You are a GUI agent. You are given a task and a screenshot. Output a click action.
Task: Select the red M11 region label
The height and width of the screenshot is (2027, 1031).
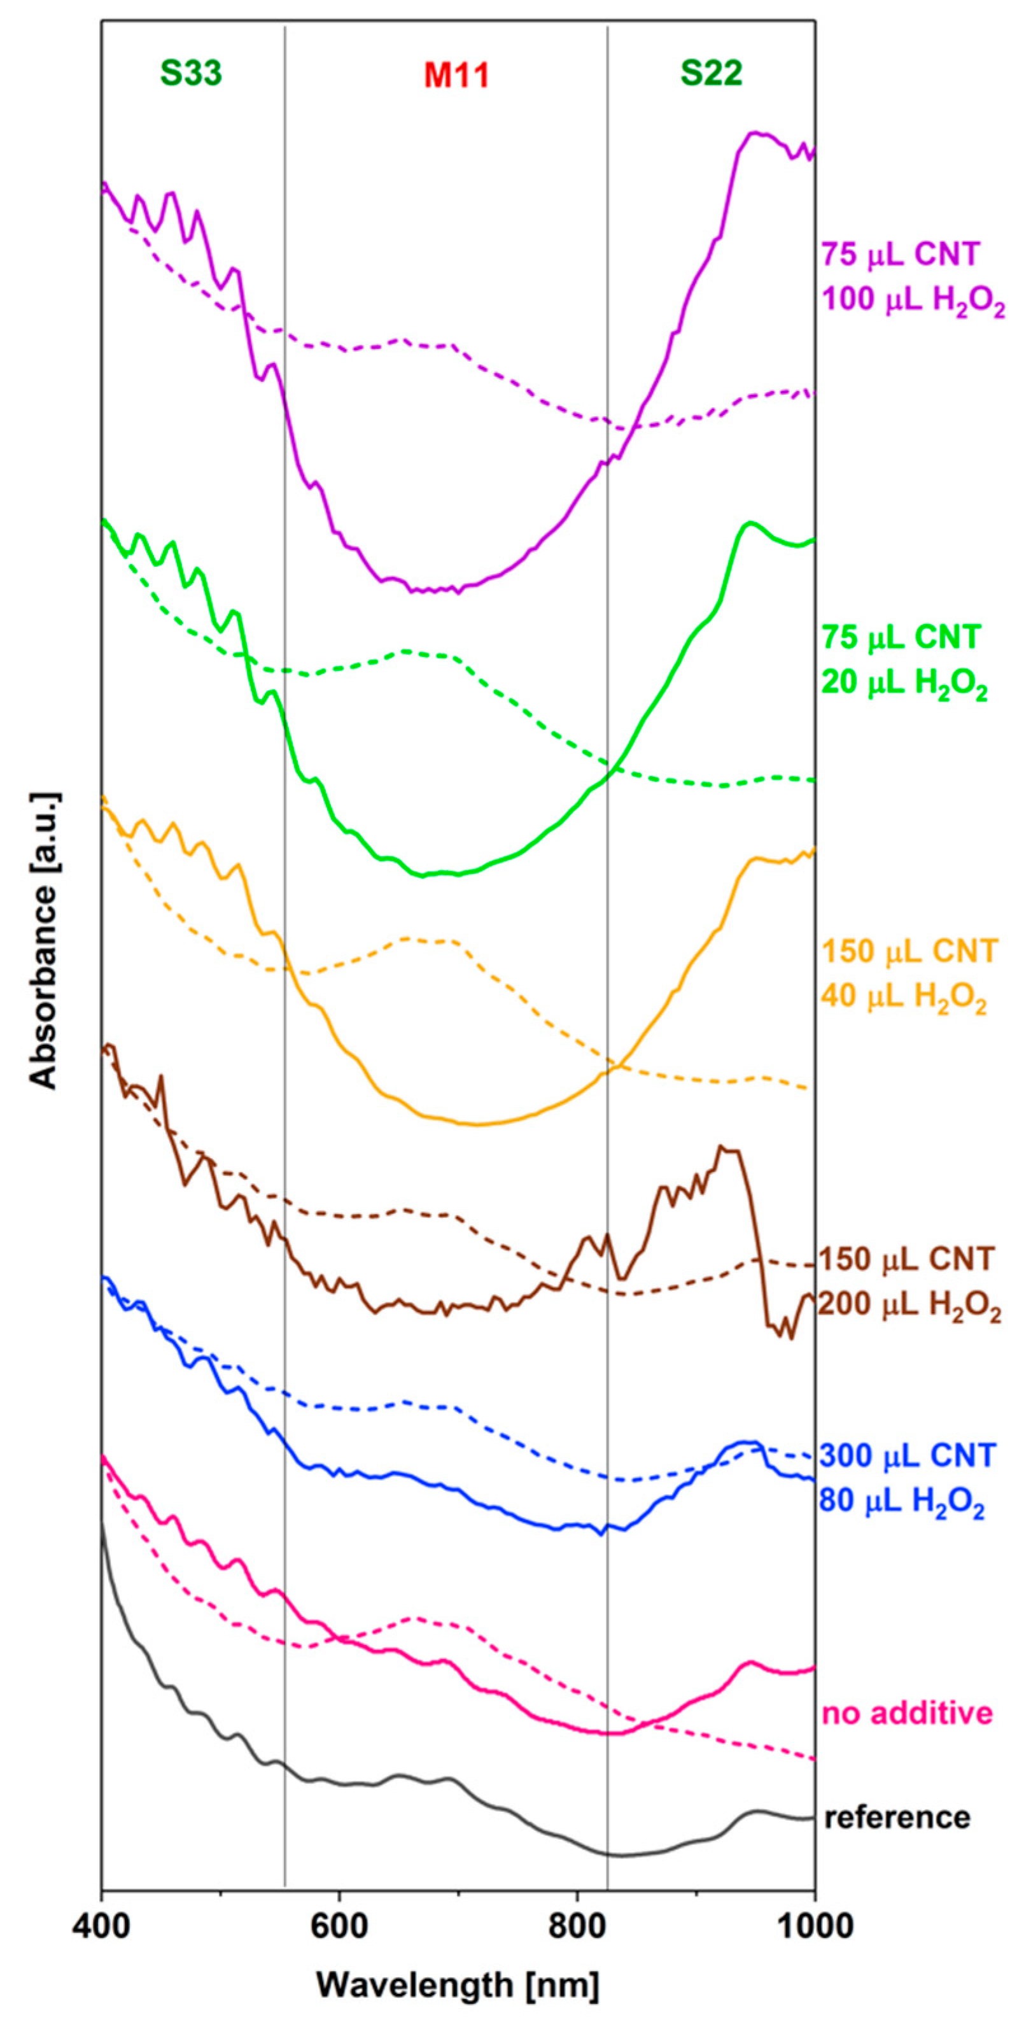click(x=457, y=76)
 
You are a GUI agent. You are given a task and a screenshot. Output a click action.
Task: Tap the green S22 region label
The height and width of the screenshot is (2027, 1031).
click(x=712, y=74)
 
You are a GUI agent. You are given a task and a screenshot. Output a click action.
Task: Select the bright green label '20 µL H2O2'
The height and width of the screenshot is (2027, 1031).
click(x=904, y=686)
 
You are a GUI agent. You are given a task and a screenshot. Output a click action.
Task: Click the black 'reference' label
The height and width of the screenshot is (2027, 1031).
click(x=897, y=1817)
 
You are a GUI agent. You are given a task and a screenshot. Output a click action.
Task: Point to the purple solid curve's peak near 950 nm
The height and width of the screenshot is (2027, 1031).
click(x=754, y=133)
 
